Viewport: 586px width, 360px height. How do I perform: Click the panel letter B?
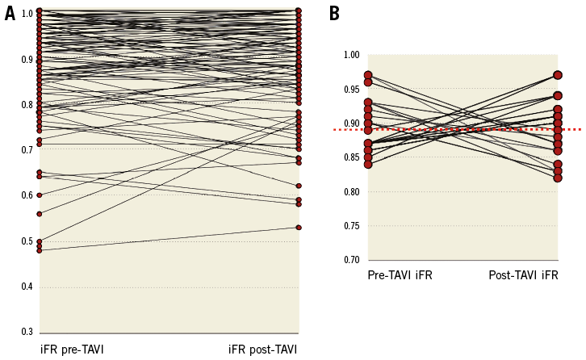point(334,14)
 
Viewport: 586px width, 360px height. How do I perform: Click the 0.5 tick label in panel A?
point(27,241)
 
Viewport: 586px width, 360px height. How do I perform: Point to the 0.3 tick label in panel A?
point(27,332)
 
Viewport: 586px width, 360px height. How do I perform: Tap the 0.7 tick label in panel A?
point(27,150)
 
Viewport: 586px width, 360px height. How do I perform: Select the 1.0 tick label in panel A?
point(27,14)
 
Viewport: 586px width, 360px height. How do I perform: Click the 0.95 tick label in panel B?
point(351,90)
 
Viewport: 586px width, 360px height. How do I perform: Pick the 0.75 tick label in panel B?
point(351,226)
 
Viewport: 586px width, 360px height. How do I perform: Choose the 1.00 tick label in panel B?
point(351,56)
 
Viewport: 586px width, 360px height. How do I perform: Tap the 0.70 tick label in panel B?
point(351,260)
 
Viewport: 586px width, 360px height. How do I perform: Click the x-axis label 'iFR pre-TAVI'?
point(72,350)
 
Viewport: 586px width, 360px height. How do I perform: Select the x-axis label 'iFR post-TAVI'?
point(262,350)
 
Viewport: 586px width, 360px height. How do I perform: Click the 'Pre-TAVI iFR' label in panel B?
point(400,275)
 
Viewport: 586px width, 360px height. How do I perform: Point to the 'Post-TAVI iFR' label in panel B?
point(523,275)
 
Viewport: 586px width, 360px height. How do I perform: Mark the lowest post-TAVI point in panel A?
point(299,228)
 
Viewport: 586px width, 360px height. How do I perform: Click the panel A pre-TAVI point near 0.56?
point(39,214)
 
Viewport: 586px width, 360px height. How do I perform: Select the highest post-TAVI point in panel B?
point(558,75)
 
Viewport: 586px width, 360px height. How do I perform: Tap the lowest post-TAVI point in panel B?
point(558,178)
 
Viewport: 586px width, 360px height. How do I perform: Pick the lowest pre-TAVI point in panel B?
point(368,164)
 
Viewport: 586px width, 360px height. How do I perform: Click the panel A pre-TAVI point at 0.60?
point(39,195)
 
